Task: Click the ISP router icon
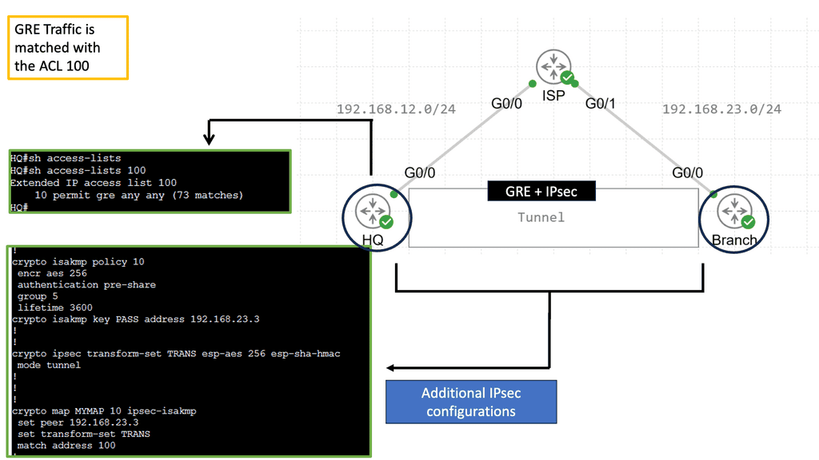click(553, 66)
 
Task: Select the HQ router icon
click(373, 211)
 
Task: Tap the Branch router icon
click(735, 211)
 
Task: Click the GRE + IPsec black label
click(541, 192)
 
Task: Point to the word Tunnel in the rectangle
click(541, 217)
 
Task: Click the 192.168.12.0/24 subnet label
click(396, 109)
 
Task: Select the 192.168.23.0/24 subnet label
click(722, 109)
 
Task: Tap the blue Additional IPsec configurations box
click(471, 402)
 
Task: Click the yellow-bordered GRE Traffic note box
click(68, 47)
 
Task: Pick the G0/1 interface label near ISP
click(600, 103)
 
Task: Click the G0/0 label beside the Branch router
click(687, 172)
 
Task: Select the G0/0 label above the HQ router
click(419, 172)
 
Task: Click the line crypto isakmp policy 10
click(78, 262)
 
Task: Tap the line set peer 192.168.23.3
click(78, 422)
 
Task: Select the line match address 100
click(66, 446)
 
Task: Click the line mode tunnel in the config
click(49, 365)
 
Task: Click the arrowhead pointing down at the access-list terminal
click(209, 139)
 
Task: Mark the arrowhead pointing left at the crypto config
click(391, 368)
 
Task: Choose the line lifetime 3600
click(55, 307)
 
